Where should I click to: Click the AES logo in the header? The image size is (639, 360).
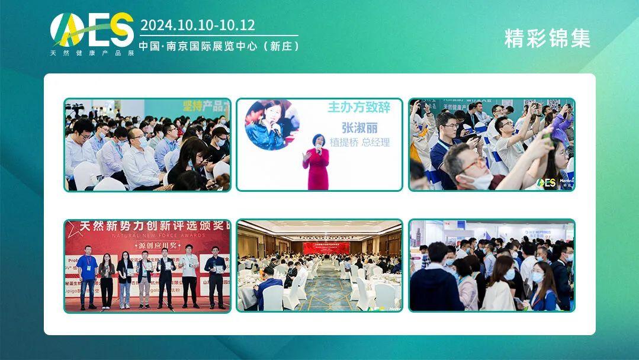click(92, 30)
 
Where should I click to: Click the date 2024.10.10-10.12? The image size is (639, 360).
click(198, 25)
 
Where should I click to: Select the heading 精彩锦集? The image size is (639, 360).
click(547, 38)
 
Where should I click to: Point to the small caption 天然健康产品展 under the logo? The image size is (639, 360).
click(92, 52)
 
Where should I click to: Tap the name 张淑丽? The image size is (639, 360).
click(359, 127)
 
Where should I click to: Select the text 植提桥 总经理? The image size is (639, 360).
click(359, 142)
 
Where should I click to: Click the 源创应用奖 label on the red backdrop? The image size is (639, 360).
click(147, 245)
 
